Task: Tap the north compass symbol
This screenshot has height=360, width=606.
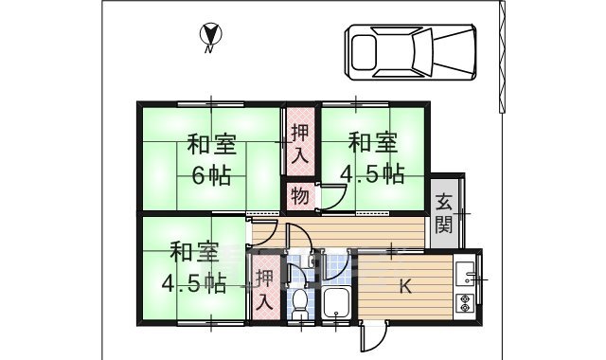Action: [211, 36]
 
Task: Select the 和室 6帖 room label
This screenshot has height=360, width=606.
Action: [211, 161]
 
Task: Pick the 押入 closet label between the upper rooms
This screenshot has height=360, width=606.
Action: [299, 146]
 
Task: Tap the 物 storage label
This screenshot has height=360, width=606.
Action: [298, 197]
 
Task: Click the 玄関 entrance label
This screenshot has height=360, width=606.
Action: [443, 213]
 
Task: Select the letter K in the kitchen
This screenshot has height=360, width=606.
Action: [404, 287]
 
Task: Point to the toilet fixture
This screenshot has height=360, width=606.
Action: [300, 305]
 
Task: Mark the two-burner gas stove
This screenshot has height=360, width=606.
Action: [465, 306]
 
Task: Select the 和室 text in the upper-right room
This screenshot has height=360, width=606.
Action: [372, 144]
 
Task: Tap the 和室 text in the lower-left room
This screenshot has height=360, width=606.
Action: [194, 253]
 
